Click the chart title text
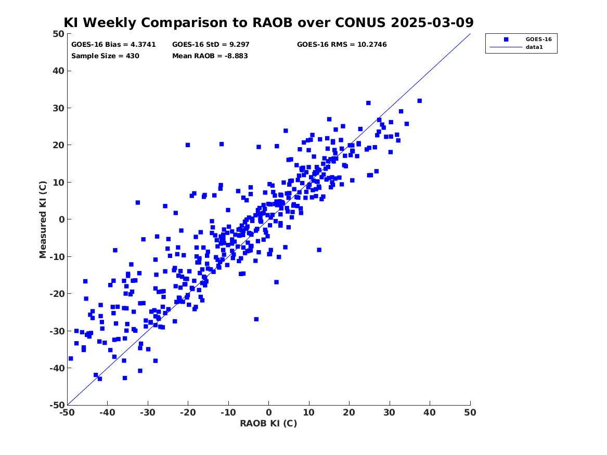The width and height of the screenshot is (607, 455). pyautogui.click(x=268, y=22)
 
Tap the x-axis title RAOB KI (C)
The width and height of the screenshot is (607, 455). pyautogui.click(x=268, y=423)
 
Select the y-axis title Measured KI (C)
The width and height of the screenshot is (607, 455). pyautogui.click(x=43, y=219)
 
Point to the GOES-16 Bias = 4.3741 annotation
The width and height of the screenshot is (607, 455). pyautogui.click(x=113, y=45)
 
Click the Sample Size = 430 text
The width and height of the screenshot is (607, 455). pyautogui.click(x=105, y=56)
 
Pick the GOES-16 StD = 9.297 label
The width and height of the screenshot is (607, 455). pyautogui.click(x=211, y=45)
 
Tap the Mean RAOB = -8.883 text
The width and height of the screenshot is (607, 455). pyautogui.click(x=210, y=56)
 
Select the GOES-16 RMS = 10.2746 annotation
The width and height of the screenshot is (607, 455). pyautogui.click(x=342, y=45)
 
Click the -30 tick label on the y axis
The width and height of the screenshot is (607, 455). pyautogui.click(x=57, y=331)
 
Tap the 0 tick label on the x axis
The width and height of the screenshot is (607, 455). pyautogui.click(x=269, y=412)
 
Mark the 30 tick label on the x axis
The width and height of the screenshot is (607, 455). pyautogui.click(x=390, y=412)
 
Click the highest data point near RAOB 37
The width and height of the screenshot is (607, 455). pyautogui.click(x=419, y=101)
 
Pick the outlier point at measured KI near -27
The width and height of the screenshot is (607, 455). pyautogui.click(x=256, y=319)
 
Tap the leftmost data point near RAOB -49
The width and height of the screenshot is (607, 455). pyautogui.click(x=70, y=359)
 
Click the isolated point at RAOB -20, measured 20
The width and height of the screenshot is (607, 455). pyautogui.click(x=188, y=145)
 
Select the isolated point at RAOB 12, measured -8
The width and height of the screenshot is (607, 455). pyautogui.click(x=319, y=250)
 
